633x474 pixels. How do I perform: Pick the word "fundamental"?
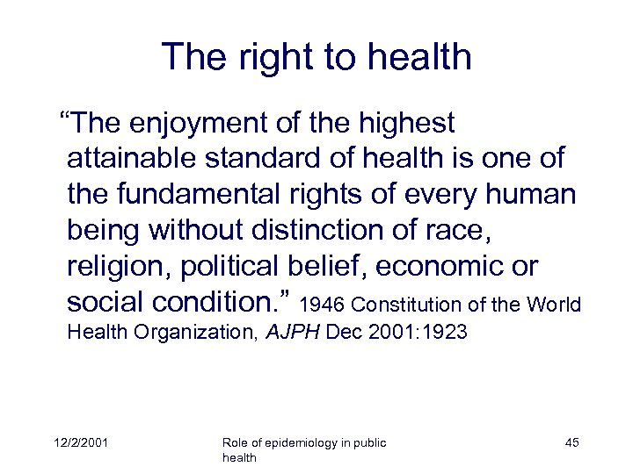click(x=191, y=195)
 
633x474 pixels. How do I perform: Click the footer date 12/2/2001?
click(x=80, y=443)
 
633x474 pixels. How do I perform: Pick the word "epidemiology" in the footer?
click(x=302, y=443)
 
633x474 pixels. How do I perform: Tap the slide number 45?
click(x=571, y=443)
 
